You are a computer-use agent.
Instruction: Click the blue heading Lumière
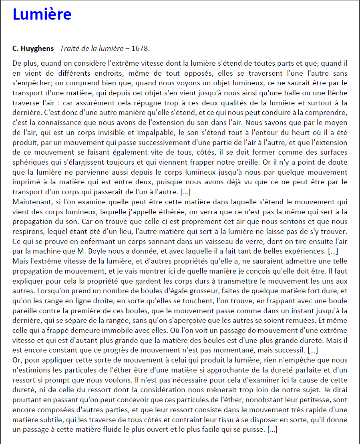pos(42,14)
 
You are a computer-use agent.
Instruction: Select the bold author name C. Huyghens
pos(33,48)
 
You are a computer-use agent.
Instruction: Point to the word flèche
pos(336,93)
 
